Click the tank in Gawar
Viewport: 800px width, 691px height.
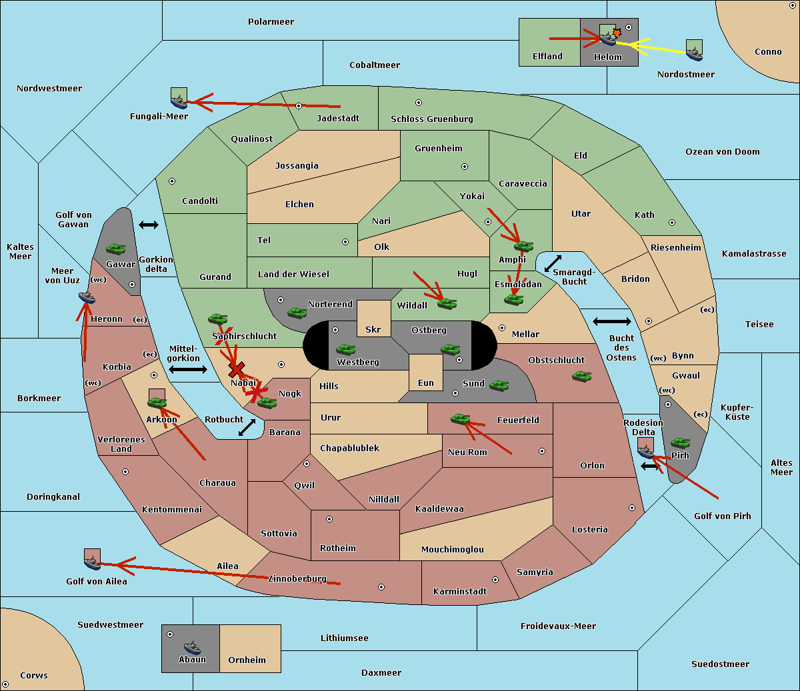click(116, 249)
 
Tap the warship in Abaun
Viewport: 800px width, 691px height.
click(192, 647)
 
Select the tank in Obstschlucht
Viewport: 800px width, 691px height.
click(582, 376)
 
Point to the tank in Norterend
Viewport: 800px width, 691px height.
click(297, 313)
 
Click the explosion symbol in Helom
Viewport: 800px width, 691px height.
click(617, 33)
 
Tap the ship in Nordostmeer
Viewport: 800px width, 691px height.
click(695, 54)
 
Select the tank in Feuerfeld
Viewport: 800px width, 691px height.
click(461, 418)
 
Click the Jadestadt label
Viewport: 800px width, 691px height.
click(338, 119)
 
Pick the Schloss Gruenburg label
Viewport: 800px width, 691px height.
click(432, 119)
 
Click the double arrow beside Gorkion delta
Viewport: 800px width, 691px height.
click(149, 225)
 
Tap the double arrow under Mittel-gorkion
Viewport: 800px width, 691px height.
click(188, 369)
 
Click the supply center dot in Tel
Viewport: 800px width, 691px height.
click(345, 242)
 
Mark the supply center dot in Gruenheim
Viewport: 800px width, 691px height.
click(465, 167)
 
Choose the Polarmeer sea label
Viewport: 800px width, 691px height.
click(271, 22)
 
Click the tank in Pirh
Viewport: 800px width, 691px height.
click(681, 442)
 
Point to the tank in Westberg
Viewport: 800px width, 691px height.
click(345, 349)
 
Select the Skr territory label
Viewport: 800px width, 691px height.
click(373, 329)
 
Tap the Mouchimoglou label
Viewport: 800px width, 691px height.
click(453, 549)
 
